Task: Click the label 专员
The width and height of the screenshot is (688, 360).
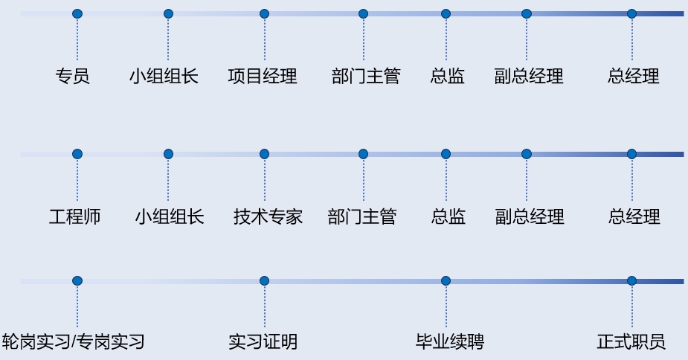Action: [x=73, y=76]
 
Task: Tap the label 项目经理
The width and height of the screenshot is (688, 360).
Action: [x=263, y=76]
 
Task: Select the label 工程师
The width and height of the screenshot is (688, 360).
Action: [x=75, y=217]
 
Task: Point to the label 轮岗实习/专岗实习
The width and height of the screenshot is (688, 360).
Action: [x=74, y=342]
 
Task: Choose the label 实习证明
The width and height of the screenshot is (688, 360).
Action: [x=263, y=342]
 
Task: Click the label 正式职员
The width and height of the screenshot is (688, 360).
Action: [x=631, y=342]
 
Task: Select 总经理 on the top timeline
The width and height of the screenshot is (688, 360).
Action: [x=634, y=76]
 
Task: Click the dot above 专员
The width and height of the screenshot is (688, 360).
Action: [x=77, y=13]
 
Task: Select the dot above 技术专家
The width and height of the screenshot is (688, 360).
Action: [x=264, y=154]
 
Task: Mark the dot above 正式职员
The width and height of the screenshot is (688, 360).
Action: [x=631, y=280]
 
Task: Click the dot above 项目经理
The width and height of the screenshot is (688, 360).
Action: [x=264, y=13]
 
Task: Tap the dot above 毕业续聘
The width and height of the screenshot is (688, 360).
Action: [x=446, y=280]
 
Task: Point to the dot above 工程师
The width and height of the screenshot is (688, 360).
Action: [x=77, y=154]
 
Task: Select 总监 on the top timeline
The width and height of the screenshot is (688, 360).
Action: [x=448, y=76]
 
